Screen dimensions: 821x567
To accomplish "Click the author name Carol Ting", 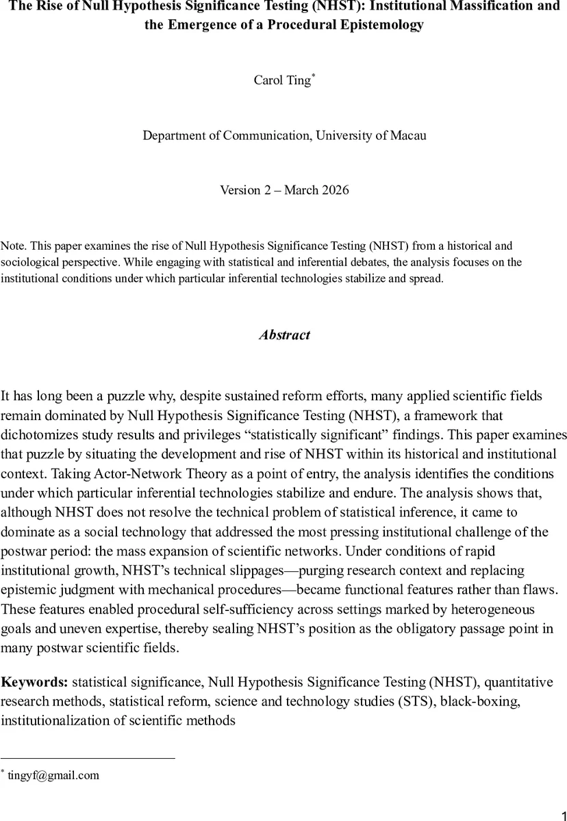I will pos(283,80).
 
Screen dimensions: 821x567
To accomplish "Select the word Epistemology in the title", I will pos(379,25).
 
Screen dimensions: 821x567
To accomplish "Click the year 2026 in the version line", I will pos(333,190).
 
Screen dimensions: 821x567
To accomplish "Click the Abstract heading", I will pos(283,335).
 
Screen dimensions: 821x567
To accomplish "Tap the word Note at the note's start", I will pos(12,246).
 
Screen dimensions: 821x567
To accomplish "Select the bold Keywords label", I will pos(34,681).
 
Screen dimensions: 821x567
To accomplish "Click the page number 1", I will pos(557,807).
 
